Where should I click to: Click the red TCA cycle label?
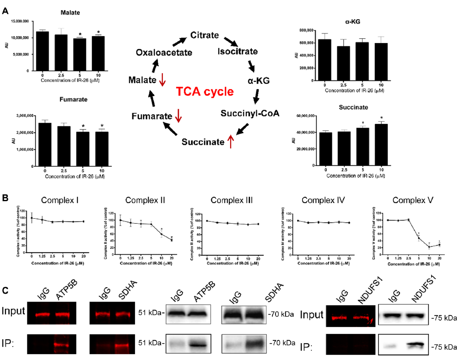[x=205, y=91]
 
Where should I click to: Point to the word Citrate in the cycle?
[x=205, y=35]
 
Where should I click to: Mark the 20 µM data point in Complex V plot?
[x=439, y=245]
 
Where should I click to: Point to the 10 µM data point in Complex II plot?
[x=162, y=235]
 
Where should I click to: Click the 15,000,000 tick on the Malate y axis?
[x=19, y=21]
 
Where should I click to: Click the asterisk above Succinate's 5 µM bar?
[x=362, y=123]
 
